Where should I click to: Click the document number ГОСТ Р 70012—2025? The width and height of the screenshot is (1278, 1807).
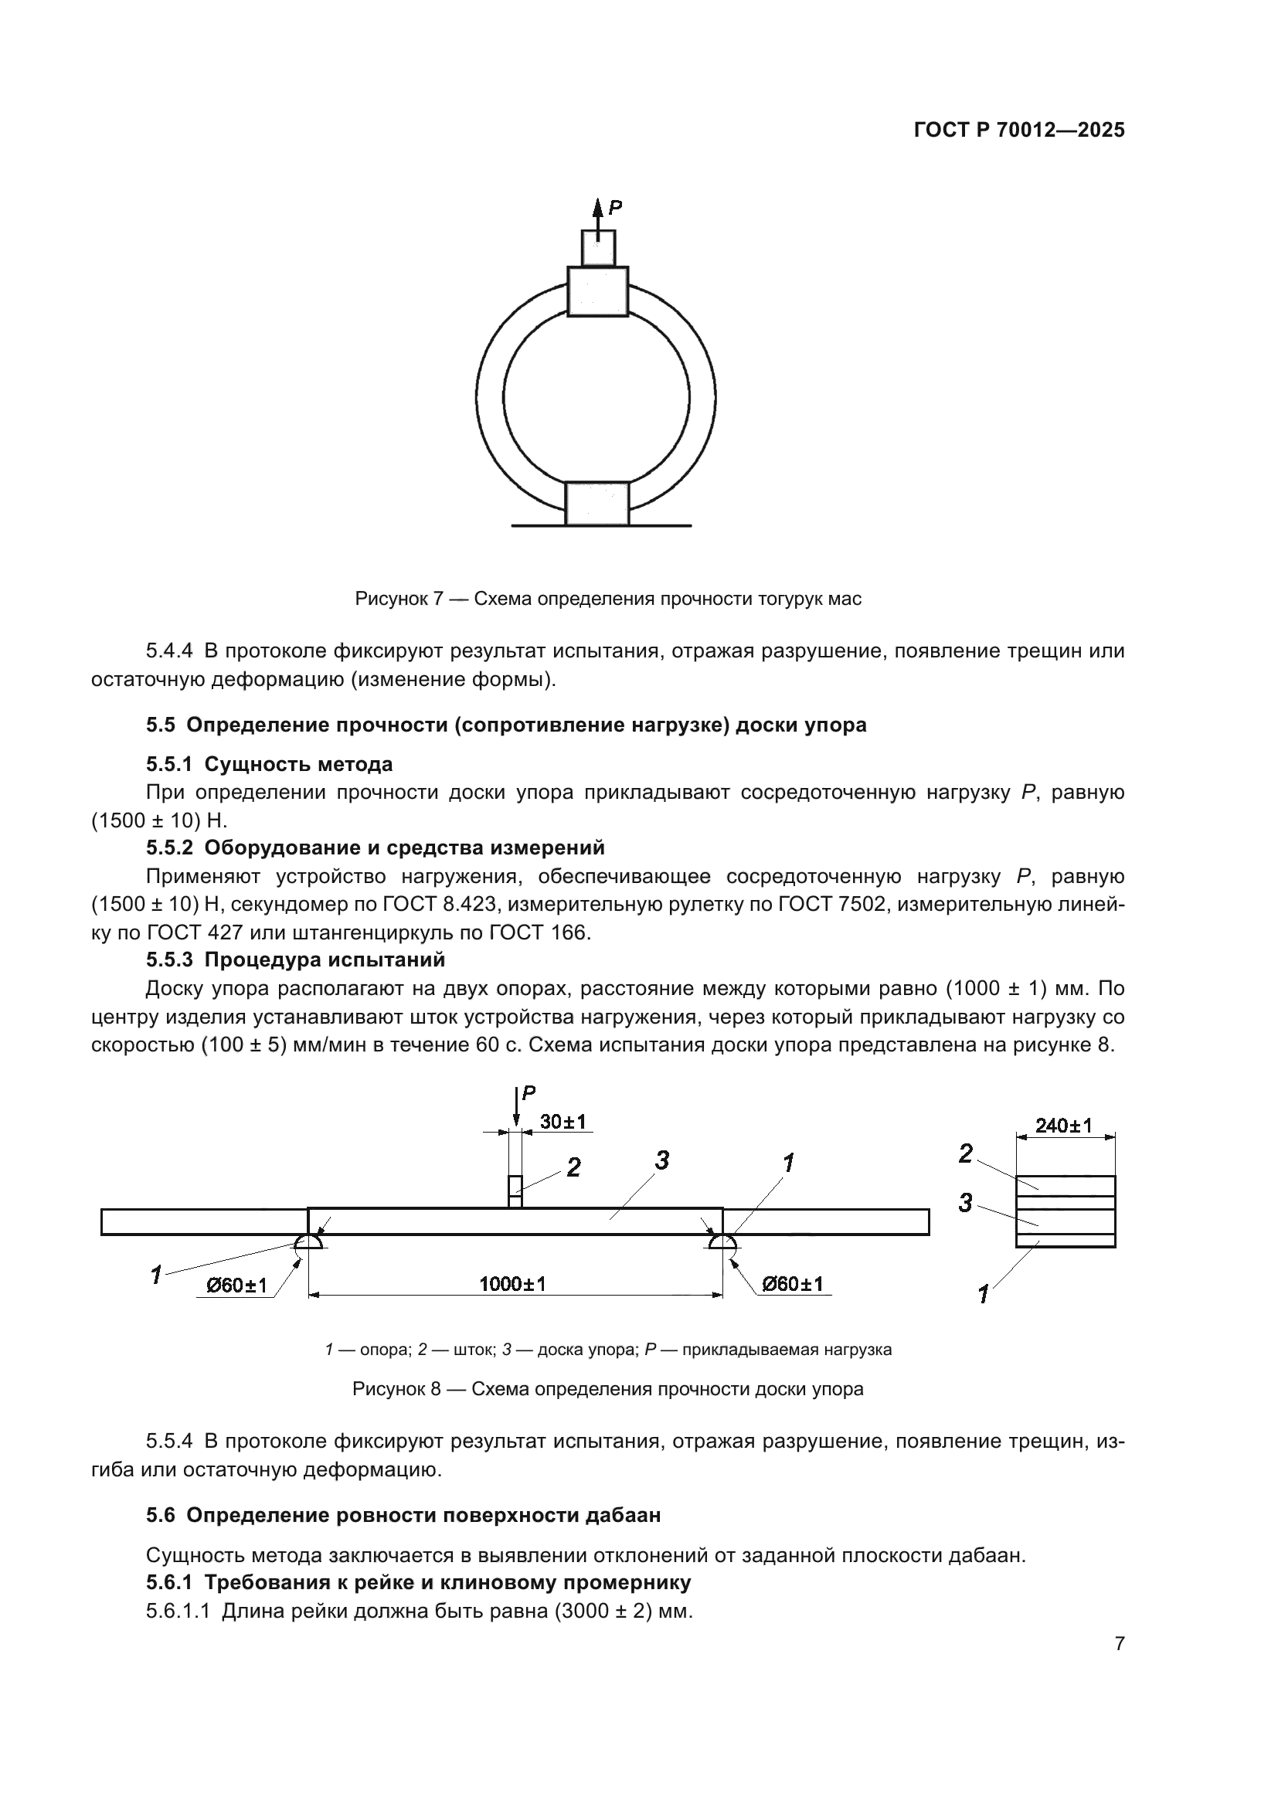[1019, 131]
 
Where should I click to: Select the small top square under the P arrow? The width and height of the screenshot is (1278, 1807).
[598, 248]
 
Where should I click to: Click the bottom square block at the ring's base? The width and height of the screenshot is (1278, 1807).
[597, 503]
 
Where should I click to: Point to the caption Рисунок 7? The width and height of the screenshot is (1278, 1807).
[607, 599]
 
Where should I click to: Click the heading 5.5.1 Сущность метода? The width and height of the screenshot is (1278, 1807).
[269, 764]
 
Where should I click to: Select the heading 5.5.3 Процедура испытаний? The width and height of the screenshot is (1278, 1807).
[295, 960]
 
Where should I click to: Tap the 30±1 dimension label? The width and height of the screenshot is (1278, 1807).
[563, 1123]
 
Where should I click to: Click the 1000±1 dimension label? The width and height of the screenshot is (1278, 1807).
[512, 1285]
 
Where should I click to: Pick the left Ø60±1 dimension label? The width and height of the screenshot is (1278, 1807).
[236, 1286]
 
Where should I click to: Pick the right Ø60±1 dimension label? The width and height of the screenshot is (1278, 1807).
[792, 1285]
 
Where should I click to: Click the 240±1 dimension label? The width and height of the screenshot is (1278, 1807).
[1063, 1126]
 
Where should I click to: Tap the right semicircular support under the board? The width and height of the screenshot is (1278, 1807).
[722, 1242]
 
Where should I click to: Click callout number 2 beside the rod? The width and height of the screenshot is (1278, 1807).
[573, 1168]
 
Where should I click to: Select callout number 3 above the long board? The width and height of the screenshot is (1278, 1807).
[662, 1160]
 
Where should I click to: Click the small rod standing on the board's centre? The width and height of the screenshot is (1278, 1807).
[515, 1191]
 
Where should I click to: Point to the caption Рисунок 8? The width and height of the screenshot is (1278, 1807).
[607, 1389]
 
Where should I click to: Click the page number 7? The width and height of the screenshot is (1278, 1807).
[1119, 1644]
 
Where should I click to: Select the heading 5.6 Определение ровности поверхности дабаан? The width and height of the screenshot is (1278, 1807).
[403, 1515]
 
